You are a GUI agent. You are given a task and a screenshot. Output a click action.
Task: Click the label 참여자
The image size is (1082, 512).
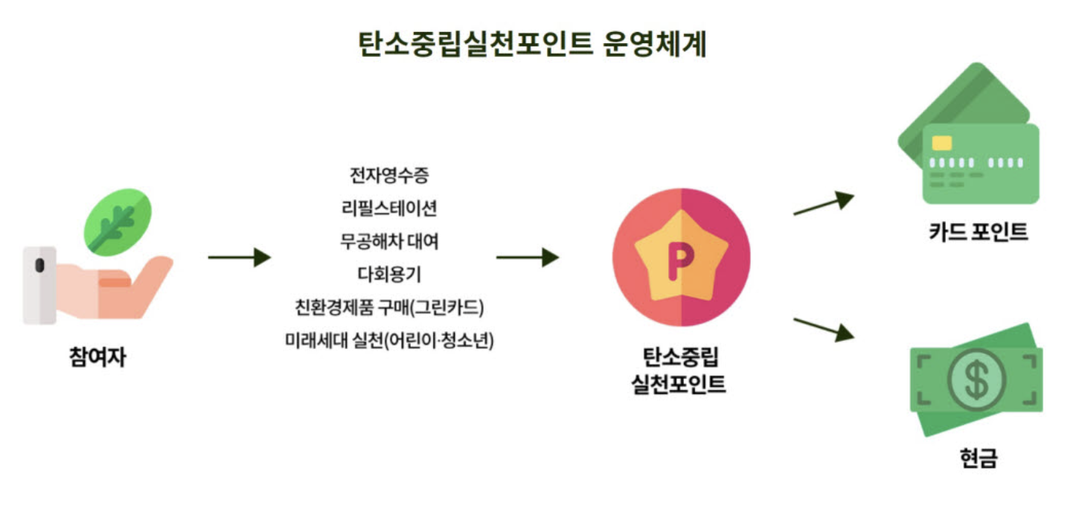point(97,358)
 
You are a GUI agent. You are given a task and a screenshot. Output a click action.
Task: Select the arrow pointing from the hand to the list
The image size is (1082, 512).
point(239,257)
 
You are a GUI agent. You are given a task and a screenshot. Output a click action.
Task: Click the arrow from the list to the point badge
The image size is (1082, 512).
point(527,257)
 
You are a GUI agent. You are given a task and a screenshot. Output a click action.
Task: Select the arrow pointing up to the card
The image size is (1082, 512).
point(823,203)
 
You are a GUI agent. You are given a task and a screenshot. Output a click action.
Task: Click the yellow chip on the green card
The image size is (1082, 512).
point(942,143)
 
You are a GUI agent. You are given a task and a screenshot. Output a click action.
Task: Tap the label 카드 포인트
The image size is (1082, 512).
point(979,232)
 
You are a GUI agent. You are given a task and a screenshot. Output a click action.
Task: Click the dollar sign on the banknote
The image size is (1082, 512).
point(976,380)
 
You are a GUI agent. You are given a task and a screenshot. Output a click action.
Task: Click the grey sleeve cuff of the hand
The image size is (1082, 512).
point(39,284)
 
